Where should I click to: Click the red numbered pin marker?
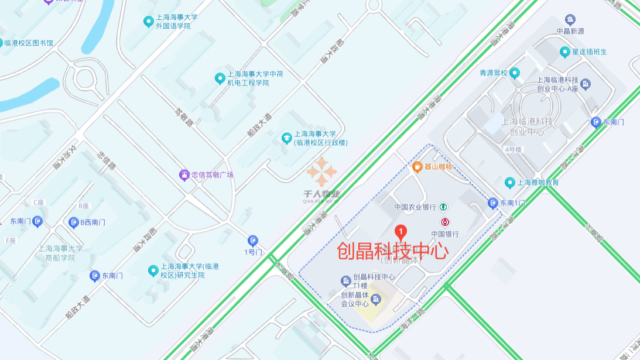[x=401, y=232]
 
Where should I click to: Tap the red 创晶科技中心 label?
[x=392, y=251]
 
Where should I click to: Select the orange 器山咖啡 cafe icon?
[x=417, y=167]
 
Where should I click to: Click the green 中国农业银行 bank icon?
[x=444, y=207]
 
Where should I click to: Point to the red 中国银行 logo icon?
[x=446, y=222]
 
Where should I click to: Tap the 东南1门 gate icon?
[x=492, y=203]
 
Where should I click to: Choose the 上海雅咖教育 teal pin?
[x=509, y=182]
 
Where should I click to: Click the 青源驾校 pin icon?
[x=515, y=73]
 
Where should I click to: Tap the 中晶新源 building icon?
[x=570, y=20]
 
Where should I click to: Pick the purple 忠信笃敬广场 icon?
[x=184, y=174]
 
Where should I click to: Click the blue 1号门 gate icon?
[x=253, y=241]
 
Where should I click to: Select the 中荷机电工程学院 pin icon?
[x=220, y=78]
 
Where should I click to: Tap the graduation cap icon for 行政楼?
[x=286, y=138]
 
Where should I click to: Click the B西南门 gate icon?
[x=74, y=222]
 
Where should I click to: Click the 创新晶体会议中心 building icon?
[x=375, y=300]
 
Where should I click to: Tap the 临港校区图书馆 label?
[x=28, y=43]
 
